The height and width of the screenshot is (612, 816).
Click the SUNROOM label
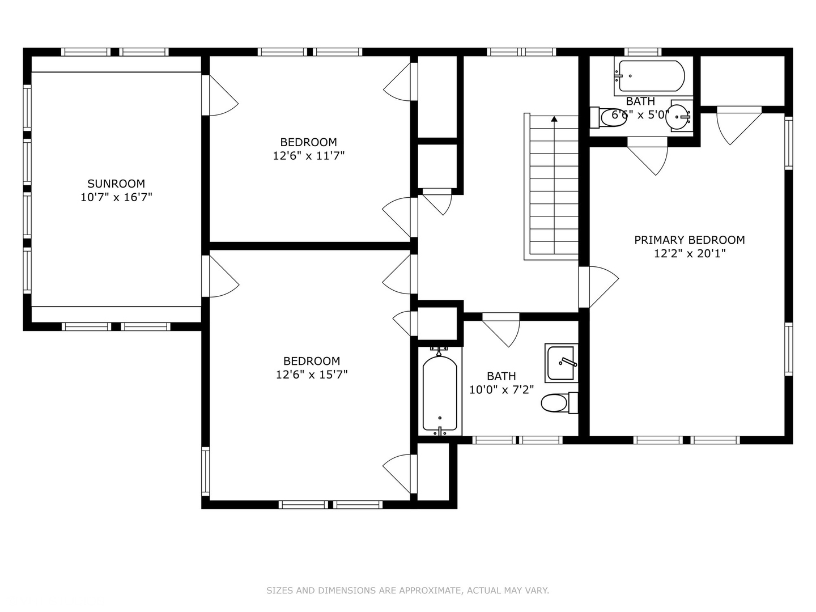[x=116, y=184]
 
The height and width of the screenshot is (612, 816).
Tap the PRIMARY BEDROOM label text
[x=689, y=240]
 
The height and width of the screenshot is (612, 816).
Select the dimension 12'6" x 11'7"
[x=308, y=156]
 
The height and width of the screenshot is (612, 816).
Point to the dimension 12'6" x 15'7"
[x=312, y=375]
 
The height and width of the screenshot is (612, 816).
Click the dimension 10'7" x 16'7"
[x=116, y=197]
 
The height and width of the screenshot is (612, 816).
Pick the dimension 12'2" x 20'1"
[x=689, y=253]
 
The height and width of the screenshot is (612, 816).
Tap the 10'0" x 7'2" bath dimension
[x=501, y=390]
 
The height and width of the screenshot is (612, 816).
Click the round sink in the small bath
[x=679, y=116]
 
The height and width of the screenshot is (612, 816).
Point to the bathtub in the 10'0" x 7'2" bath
[x=440, y=394]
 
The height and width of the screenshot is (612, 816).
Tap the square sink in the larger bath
[x=562, y=363]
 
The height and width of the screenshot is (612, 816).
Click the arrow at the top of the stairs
[x=554, y=119]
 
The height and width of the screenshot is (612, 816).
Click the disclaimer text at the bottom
[x=407, y=590]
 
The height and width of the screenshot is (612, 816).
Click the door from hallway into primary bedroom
[x=597, y=287]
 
